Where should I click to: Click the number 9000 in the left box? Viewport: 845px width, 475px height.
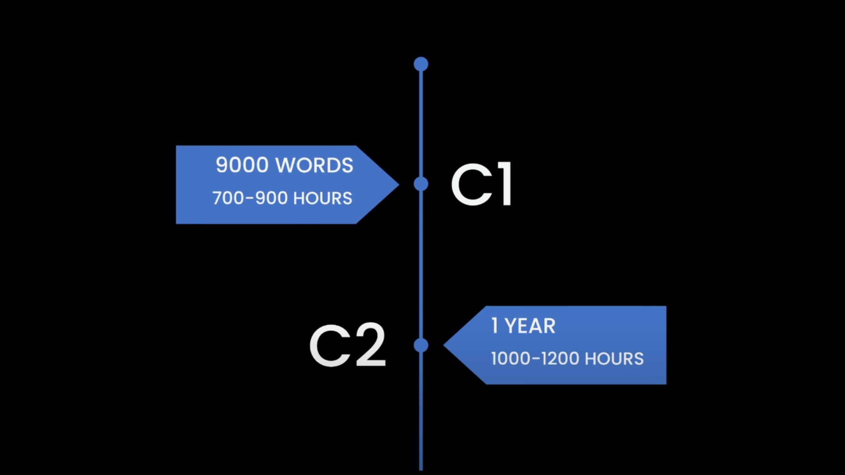pos(242,165)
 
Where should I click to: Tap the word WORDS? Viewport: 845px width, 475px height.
pos(316,165)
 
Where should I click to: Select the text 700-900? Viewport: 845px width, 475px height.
pos(250,198)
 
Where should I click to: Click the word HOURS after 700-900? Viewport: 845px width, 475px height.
pos(323,198)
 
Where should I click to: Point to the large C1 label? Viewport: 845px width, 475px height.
pos(482,184)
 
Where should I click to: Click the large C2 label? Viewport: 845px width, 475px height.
pos(348,345)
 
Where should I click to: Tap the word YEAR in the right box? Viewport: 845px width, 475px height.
pos(530,326)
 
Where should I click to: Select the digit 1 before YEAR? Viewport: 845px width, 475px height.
pos(495,326)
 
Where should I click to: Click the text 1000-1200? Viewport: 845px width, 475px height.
pos(534,359)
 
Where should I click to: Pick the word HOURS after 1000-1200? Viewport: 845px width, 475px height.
pos(614,359)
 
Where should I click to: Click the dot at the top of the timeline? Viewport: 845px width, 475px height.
pos(421,64)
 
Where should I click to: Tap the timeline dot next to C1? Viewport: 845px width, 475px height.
pos(421,184)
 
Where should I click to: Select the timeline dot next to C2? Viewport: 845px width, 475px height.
pos(421,345)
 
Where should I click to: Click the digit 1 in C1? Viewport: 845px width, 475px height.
pos(505,184)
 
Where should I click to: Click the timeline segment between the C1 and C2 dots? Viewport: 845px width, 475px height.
pos(421,265)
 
